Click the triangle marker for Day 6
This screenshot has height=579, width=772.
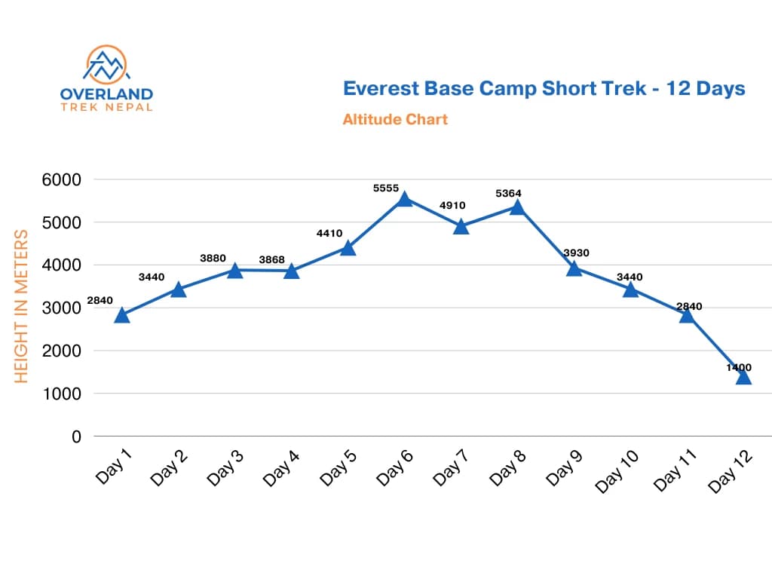pos(404,199)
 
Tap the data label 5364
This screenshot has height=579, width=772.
pos(508,194)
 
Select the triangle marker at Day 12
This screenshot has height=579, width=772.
pos(743,376)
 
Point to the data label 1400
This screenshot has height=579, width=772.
pos(739,367)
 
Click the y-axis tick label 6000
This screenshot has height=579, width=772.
pos(63,179)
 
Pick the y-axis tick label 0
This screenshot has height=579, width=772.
pos(76,437)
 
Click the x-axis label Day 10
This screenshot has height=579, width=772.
pos(617,471)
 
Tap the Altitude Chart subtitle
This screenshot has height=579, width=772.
pos(395,119)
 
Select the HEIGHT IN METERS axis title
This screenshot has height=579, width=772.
pos(22,306)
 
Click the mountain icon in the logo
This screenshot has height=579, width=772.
pos(106,65)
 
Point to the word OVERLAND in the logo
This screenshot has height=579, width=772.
pos(106,94)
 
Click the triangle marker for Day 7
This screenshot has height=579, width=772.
pos(461,227)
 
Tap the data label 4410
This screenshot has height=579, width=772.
pos(329,234)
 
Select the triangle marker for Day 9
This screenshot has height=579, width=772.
pos(574,268)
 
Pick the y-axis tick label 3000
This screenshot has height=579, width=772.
pos(63,308)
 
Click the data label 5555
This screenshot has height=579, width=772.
pos(386,188)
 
